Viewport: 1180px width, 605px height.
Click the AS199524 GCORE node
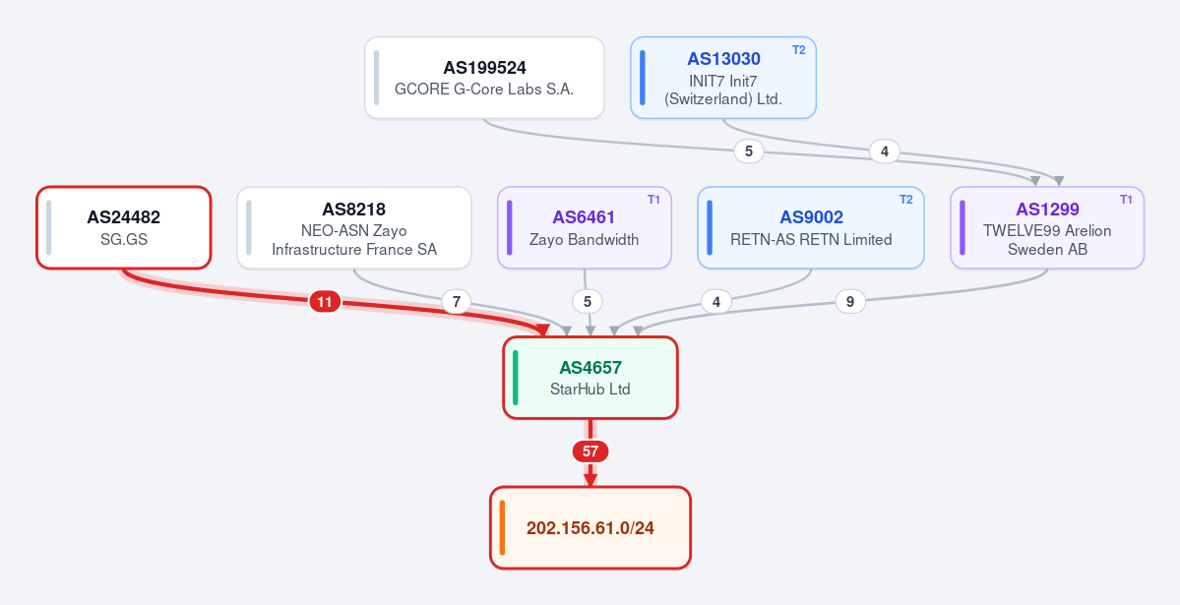tap(484, 78)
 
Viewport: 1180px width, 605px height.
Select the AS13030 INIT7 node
tap(723, 78)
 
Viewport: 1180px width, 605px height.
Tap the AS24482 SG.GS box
tap(124, 227)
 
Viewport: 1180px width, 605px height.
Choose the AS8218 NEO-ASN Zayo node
tap(354, 227)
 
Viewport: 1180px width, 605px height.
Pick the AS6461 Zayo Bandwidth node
tap(585, 227)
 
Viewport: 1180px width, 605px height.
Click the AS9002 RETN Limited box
tap(811, 227)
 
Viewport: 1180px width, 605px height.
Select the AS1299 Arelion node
tap(1047, 227)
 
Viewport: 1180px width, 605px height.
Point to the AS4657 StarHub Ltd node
tap(590, 378)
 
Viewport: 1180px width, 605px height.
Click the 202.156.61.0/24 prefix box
tap(590, 527)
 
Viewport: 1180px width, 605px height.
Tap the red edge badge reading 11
tap(325, 303)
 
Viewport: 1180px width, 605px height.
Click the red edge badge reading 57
tap(590, 452)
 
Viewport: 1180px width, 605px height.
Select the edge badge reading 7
tap(456, 303)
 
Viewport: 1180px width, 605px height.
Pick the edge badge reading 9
tap(850, 302)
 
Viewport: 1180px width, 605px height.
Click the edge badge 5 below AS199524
tap(749, 151)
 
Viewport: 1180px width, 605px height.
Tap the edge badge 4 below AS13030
tap(884, 151)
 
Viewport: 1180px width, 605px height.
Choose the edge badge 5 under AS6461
tap(587, 302)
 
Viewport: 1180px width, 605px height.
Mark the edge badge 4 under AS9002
tap(716, 302)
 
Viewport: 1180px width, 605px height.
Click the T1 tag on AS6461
tap(653, 200)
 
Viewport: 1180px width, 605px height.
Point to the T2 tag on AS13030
tap(798, 49)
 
